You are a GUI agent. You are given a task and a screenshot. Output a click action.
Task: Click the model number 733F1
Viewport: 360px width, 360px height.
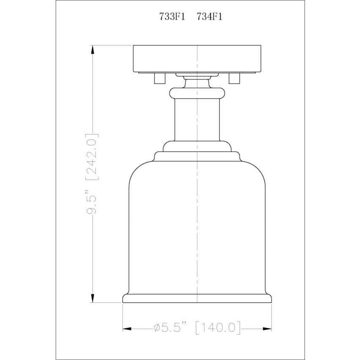172,17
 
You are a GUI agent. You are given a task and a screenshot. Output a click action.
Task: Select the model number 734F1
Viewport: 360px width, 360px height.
209,17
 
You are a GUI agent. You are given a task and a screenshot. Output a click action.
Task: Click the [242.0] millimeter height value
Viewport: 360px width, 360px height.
92,157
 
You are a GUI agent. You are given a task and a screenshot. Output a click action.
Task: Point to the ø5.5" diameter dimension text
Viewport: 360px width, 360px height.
170,327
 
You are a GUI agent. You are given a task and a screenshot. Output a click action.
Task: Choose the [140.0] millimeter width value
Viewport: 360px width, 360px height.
218,327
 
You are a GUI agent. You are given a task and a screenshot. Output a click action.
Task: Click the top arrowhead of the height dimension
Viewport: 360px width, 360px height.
92,50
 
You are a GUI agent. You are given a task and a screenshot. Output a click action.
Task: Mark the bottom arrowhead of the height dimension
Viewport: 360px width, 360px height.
92,298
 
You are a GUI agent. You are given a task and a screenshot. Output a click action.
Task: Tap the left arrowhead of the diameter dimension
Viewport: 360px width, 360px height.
127,329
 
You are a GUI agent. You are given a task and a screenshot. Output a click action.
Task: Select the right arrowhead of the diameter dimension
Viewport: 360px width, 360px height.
267,329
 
